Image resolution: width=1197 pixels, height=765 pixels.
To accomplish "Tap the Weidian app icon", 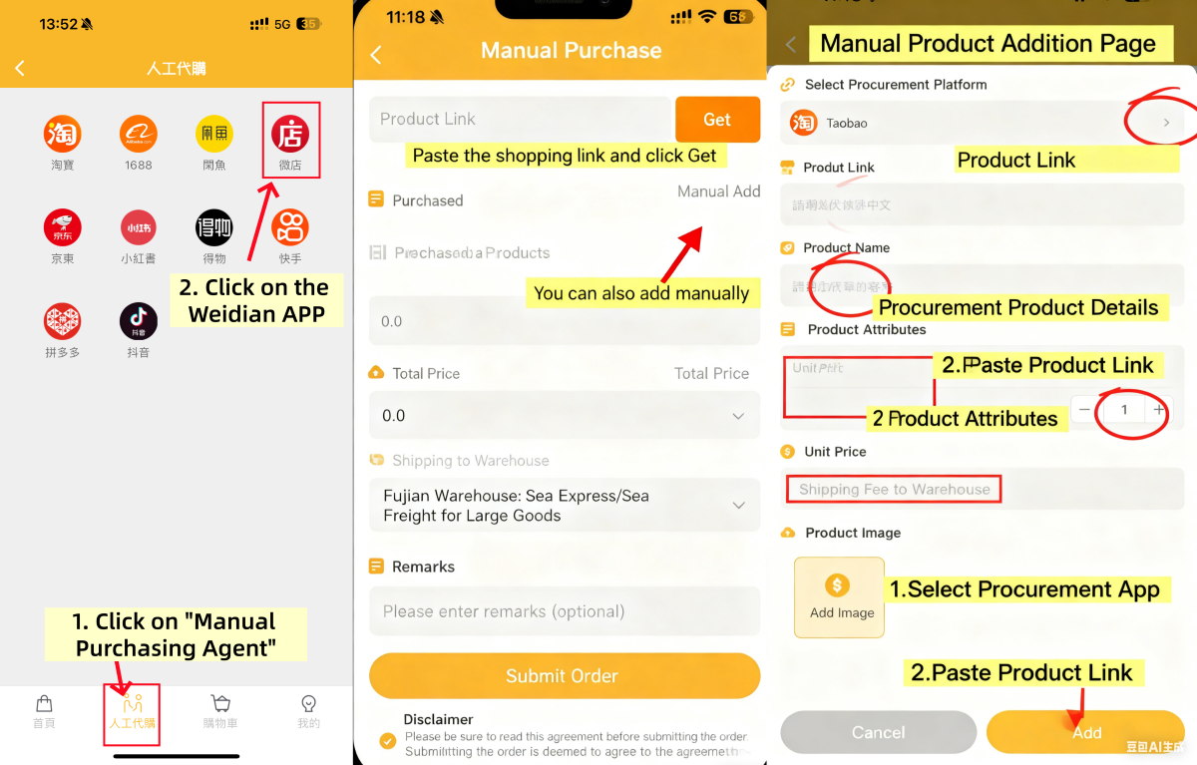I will (x=290, y=134).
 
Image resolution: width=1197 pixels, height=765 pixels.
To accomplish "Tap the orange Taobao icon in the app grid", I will (x=62, y=134).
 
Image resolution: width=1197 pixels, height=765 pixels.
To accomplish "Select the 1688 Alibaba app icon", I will (x=139, y=134).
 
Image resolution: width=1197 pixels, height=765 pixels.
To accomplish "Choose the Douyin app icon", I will (x=139, y=321).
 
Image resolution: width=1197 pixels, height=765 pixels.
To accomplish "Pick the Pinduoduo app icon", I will (x=62, y=321).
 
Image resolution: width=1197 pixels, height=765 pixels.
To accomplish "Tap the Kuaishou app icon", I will (x=290, y=227).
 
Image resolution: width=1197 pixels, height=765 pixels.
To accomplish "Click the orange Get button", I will (x=717, y=120).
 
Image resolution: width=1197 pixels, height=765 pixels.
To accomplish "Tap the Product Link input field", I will (x=520, y=120).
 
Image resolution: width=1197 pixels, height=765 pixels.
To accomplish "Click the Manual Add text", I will (x=718, y=191).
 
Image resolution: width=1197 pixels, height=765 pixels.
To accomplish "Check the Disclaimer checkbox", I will (x=387, y=740).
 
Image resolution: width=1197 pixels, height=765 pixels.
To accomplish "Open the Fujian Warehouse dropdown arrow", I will (x=738, y=506).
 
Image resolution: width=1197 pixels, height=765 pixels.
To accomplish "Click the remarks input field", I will (x=564, y=611).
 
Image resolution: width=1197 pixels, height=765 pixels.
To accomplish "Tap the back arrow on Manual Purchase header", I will (x=376, y=55).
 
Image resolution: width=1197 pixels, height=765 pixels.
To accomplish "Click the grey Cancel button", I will (x=878, y=732).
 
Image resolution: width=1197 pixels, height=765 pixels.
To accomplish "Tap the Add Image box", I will (x=840, y=596).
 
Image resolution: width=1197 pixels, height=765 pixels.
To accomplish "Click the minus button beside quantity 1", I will (x=1084, y=410).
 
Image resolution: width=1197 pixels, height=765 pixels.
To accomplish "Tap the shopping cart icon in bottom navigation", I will (x=220, y=704).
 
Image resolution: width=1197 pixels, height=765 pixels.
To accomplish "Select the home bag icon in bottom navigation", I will (x=44, y=704).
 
